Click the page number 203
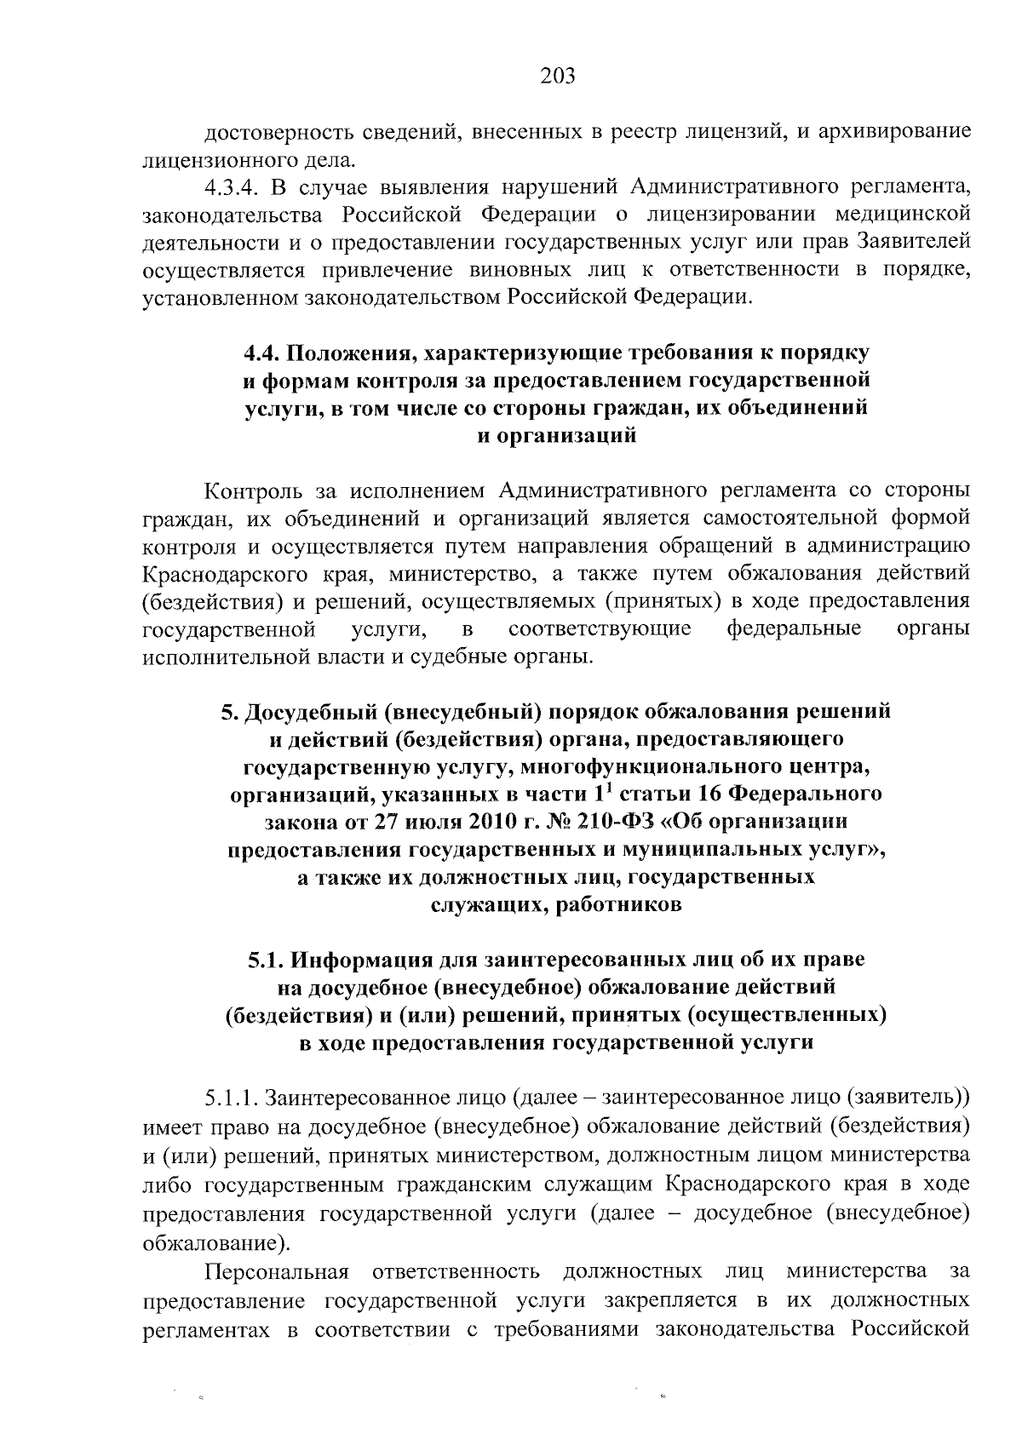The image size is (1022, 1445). [558, 77]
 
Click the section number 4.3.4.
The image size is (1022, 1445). [235, 186]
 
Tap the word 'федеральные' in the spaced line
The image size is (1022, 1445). [794, 629]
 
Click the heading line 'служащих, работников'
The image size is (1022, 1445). [555, 904]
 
